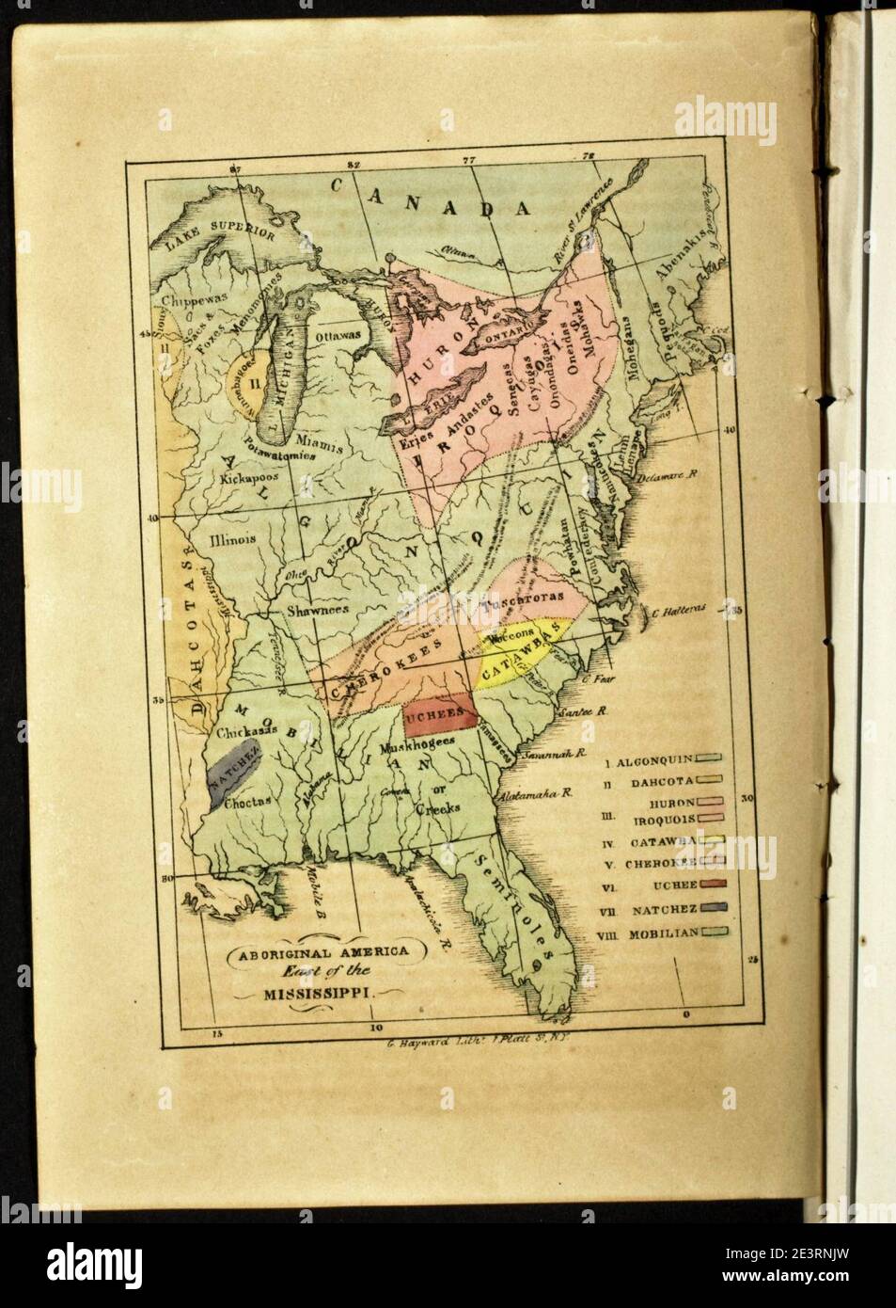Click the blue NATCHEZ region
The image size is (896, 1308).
click(231, 771)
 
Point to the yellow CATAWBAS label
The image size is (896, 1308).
click(516, 657)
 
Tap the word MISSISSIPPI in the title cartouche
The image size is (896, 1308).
click(320, 992)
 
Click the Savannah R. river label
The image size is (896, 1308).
click(556, 755)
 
